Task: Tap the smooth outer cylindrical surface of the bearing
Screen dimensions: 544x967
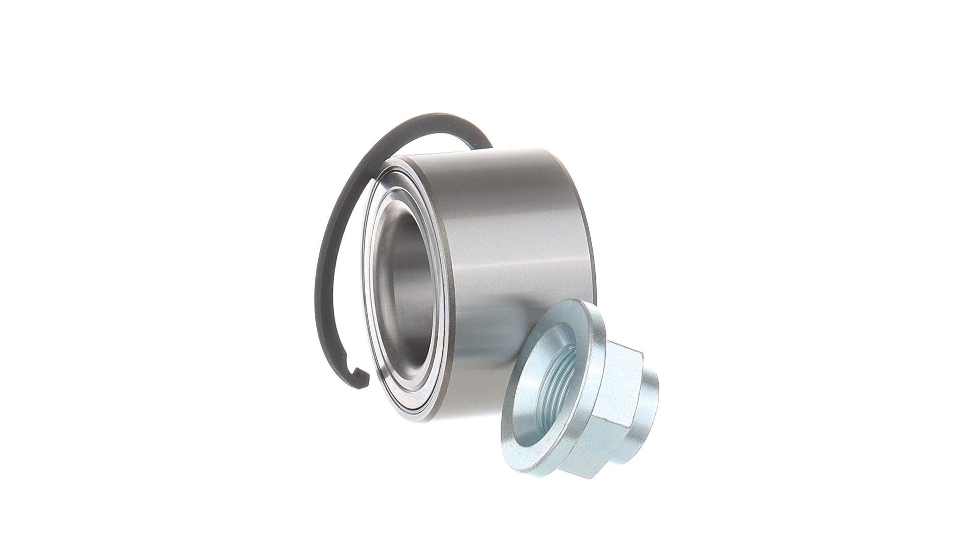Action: pos(514,252)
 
